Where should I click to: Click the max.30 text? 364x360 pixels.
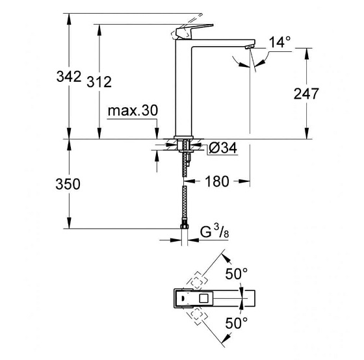[x=133, y=112]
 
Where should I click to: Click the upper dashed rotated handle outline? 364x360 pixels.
[x=196, y=281]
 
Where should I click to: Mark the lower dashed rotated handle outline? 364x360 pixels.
[x=196, y=316]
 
